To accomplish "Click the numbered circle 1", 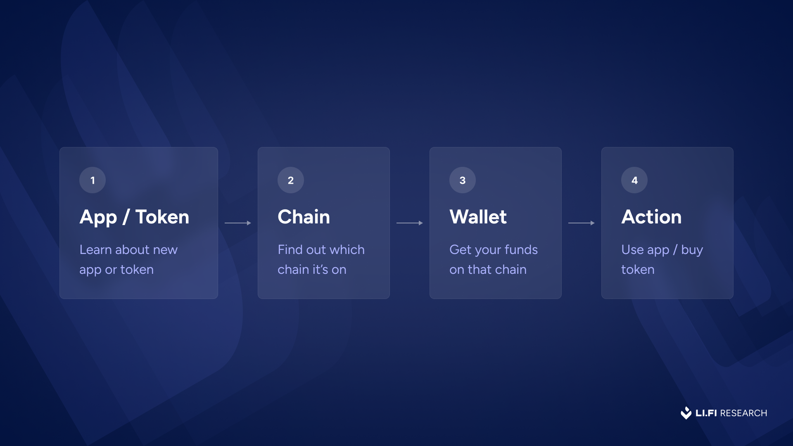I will (93, 180).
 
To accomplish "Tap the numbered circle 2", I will (291, 180).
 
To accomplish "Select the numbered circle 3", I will (463, 180).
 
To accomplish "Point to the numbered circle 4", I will (634, 180).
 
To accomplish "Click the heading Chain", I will (304, 217).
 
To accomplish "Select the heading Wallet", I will (478, 217).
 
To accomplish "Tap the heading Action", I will (651, 217).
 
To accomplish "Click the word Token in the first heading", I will (162, 217).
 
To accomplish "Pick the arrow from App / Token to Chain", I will (238, 223).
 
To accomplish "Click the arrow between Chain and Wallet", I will (410, 223).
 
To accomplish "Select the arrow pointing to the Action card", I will (582, 223).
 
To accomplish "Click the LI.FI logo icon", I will (686, 413).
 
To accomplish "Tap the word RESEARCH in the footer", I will (743, 413).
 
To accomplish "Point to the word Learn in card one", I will (95, 249).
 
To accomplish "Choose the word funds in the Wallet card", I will (521, 249).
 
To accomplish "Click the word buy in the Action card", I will (692, 250).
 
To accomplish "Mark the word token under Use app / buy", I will (638, 270).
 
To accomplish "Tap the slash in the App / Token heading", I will (126, 217).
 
